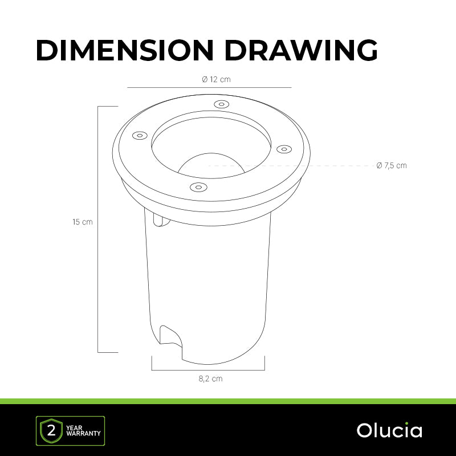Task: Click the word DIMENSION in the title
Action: (125, 50)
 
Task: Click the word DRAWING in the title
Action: (301, 50)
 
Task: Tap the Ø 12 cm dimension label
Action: (216, 79)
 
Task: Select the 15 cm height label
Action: (83, 222)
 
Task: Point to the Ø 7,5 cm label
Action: (392, 165)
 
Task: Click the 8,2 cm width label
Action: (210, 378)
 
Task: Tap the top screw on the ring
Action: (221, 104)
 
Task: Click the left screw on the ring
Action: (140, 136)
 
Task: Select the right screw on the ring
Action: (284, 149)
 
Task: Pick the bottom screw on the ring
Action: (198, 187)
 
